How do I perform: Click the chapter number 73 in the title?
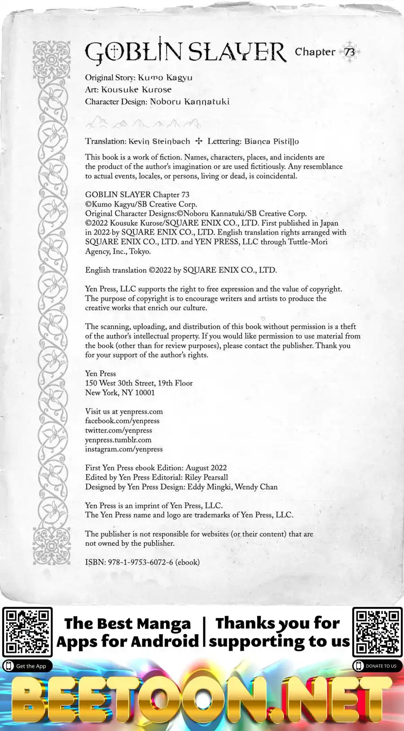(x=350, y=52)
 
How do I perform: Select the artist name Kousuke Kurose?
(x=136, y=90)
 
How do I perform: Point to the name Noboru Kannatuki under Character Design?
(x=189, y=102)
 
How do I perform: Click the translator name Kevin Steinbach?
(x=159, y=141)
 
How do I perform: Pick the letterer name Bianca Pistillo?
(x=272, y=141)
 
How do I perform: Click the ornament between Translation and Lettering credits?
(x=199, y=141)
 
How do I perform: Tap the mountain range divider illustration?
(x=143, y=122)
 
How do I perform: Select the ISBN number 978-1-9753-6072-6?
(x=141, y=562)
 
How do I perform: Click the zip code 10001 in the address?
(x=145, y=393)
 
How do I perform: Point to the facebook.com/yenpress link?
(x=123, y=421)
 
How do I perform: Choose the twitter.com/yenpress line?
(x=119, y=430)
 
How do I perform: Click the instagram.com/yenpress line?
(x=124, y=449)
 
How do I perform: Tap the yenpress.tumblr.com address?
(x=118, y=440)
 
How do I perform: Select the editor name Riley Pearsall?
(x=206, y=477)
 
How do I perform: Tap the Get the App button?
(x=27, y=666)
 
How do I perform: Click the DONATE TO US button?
(x=377, y=666)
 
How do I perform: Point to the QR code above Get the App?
(x=27, y=632)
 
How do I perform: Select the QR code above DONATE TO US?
(x=377, y=632)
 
